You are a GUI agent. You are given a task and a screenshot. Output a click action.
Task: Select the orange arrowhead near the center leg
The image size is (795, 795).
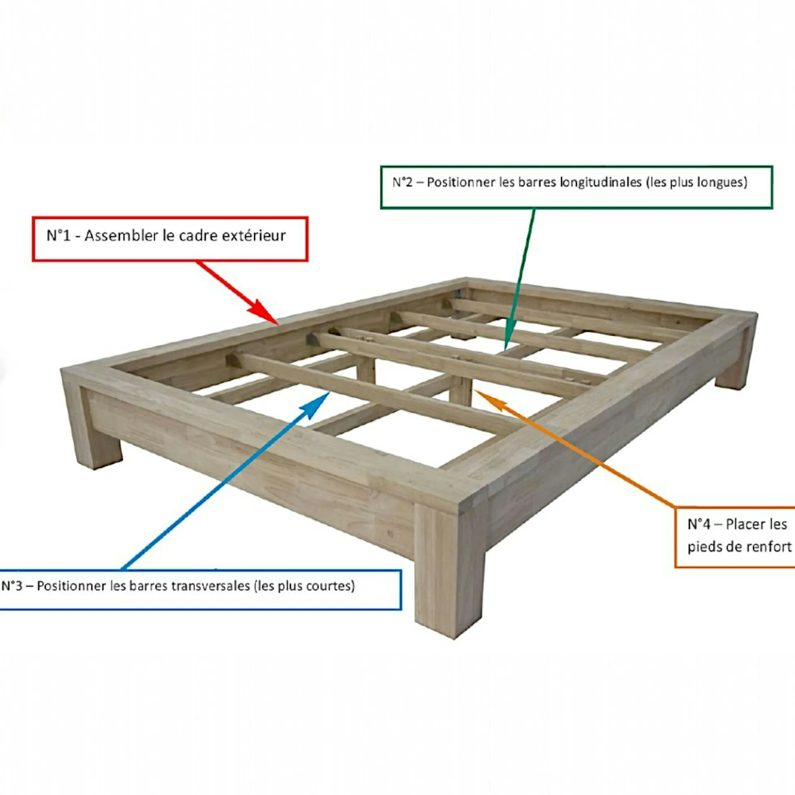pyautogui.click(x=488, y=398)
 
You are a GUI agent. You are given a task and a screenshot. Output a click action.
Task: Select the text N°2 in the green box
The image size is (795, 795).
pyautogui.click(x=402, y=182)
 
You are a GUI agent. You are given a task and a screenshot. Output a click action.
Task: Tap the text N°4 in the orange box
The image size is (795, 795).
pyautogui.click(x=699, y=524)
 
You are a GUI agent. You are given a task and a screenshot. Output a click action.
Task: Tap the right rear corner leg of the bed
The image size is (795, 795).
pyautogui.click(x=737, y=363)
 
